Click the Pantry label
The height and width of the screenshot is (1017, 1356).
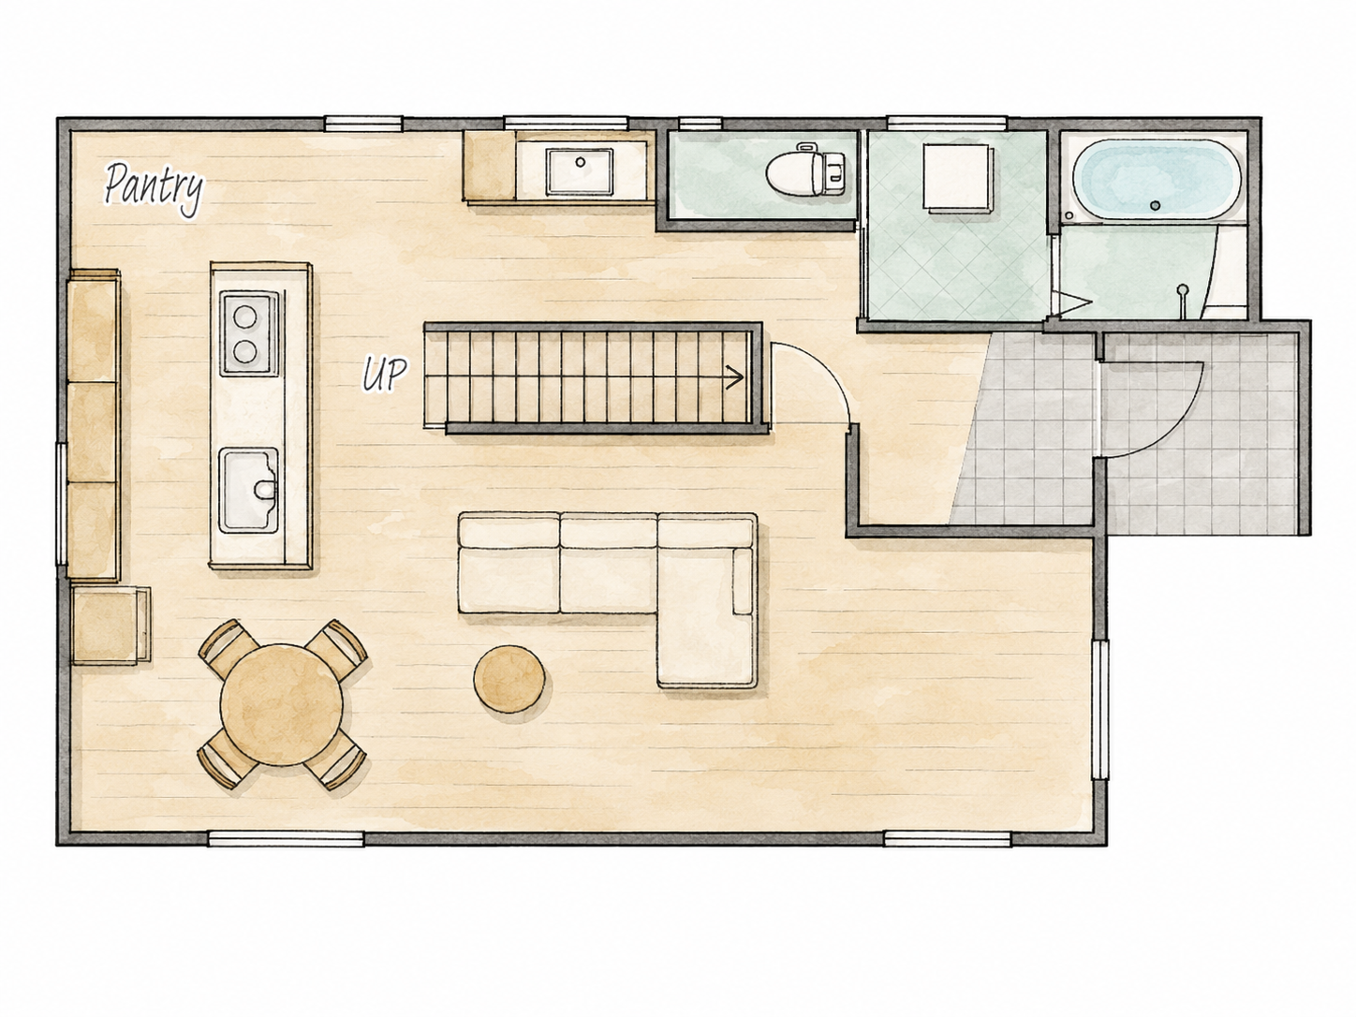(x=154, y=187)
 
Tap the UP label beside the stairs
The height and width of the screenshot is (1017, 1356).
(x=384, y=375)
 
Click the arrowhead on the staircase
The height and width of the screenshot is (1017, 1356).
(x=735, y=376)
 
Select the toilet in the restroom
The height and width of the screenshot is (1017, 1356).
(x=806, y=169)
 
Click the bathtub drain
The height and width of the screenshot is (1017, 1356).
(x=1156, y=205)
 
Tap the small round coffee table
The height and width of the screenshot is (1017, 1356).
(x=509, y=679)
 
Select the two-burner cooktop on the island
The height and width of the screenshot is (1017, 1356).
(x=249, y=333)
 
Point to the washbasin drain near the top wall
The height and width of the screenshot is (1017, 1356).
(x=580, y=162)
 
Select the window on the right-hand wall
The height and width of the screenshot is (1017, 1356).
(x=1099, y=710)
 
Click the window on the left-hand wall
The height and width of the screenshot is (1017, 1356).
(x=62, y=504)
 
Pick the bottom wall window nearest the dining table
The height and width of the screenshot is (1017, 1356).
(x=286, y=838)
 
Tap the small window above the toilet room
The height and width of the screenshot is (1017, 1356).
(x=700, y=124)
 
